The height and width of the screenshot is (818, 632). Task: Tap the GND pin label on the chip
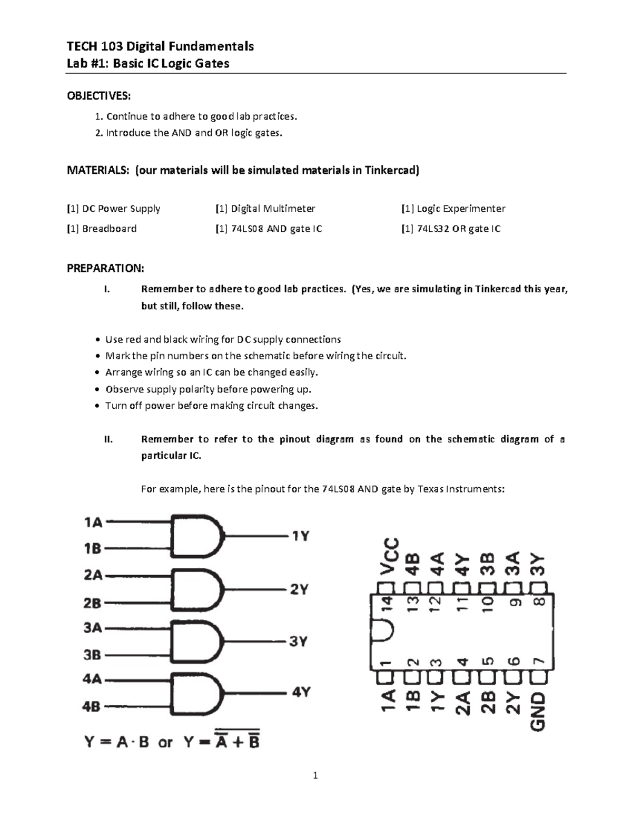[x=538, y=711]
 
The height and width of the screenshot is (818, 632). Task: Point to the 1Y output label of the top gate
[x=300, y=536]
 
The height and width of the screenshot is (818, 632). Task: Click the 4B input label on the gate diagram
[x=91, y=706]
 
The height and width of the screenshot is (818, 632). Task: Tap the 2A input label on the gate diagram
[x=93, y=575]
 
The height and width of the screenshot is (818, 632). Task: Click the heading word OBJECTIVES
[x=98, y=96]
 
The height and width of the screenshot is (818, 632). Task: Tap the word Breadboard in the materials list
[x=109, y=229]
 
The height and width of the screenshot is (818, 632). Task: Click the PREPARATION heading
[x=105, y=269]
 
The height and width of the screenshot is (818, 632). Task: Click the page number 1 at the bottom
[x=315, y=775]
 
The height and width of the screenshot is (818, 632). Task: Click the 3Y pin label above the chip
[x=538, y=564]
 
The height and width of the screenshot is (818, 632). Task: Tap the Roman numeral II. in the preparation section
[x=108, y=439]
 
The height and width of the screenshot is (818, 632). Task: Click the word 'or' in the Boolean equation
[x=165, y=743]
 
